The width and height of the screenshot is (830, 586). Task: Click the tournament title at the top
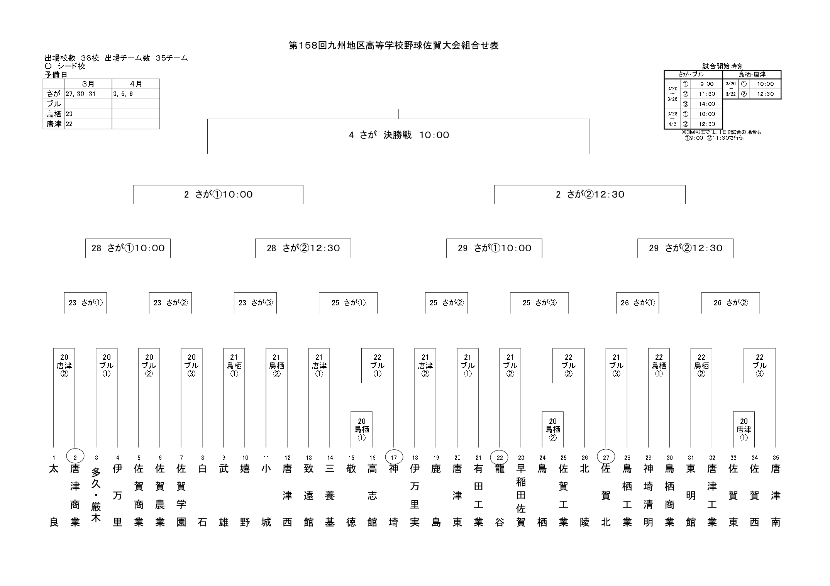393,46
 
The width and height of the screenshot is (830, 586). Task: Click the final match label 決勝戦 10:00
399,135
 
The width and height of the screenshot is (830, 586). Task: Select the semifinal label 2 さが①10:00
218,195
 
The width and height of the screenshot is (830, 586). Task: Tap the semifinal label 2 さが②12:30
590,195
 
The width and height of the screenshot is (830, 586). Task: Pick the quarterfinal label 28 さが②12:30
303,248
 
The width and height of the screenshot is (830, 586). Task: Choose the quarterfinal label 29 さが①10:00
494,248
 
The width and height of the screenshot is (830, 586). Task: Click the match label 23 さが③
255,303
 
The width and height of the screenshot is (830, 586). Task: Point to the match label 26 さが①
637,303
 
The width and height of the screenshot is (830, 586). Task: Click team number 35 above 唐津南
776,458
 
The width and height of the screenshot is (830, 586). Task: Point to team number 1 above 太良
54,458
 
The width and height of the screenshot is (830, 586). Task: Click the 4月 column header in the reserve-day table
136,84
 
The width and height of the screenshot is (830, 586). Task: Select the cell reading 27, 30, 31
81,94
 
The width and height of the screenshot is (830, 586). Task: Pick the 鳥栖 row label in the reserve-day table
54,114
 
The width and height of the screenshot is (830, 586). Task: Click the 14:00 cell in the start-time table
707,104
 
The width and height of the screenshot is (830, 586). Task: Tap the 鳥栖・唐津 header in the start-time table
752,75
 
